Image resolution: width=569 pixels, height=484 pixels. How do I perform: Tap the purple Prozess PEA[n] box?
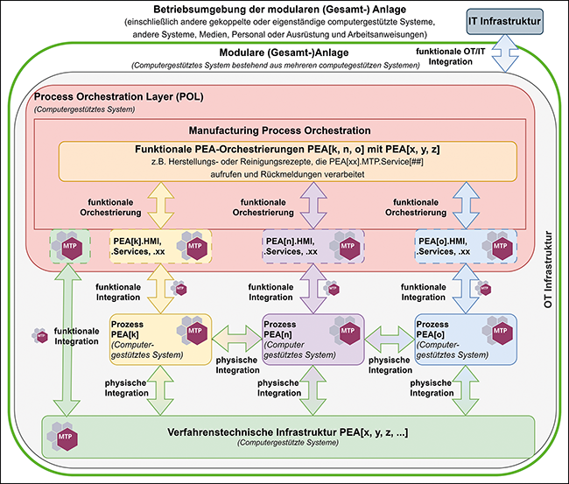[x=313, y=340]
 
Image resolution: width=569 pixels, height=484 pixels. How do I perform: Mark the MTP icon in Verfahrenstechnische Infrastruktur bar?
[x=65, y=435]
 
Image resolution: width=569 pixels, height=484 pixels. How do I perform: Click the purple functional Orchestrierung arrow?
[x=313, y=203]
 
